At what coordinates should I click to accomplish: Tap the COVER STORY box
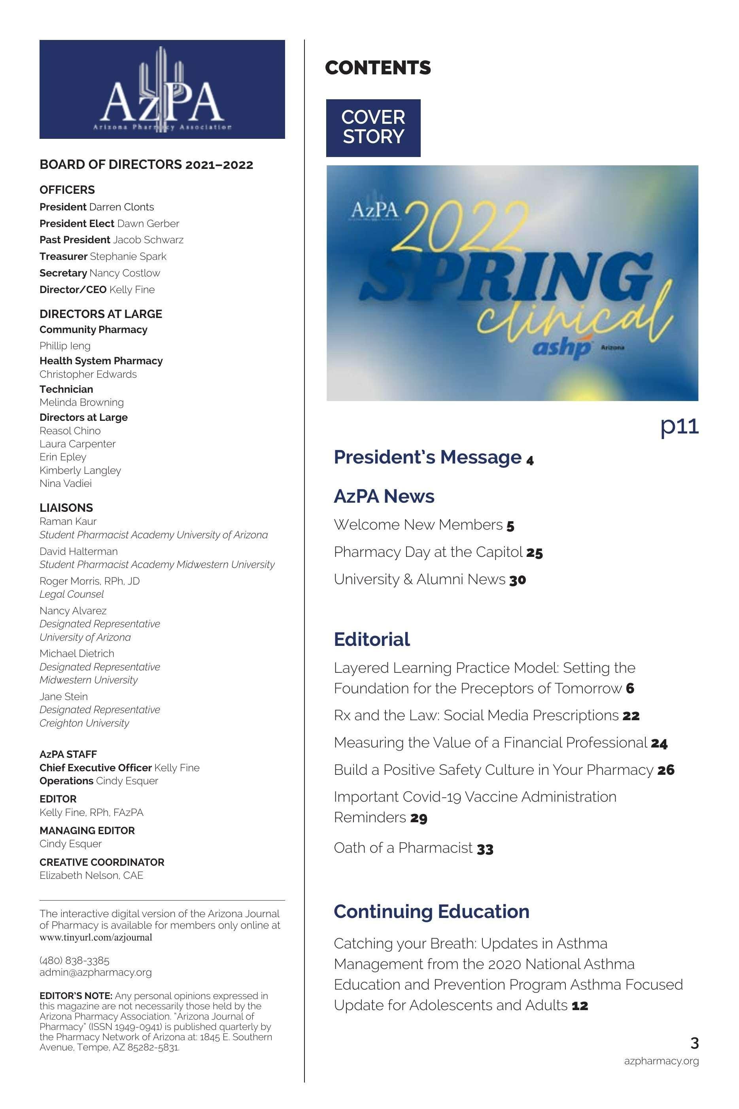pos(373,128)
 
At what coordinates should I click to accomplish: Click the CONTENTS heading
pos(378,68)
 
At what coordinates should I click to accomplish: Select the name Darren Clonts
pos(122,207)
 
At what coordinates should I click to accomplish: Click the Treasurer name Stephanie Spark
pos(128,257)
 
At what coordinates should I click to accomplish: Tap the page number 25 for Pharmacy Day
pos(535,553)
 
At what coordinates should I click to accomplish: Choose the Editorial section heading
pos(372,640)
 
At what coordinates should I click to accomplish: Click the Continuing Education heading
pos(431,912)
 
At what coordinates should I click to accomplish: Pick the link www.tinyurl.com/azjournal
pos(96,937)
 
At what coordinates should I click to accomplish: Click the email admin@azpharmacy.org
pos(96,972)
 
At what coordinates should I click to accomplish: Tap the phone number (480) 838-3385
pos(74,960)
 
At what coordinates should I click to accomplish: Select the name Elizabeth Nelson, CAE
pos(91,875)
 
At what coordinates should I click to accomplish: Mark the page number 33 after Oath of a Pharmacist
pos(485,849)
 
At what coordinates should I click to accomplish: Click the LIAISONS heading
pos(66,507)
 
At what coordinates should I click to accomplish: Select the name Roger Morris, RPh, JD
pos(89,581)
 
